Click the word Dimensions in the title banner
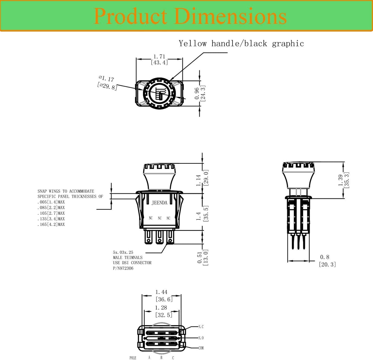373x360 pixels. coord(231,16)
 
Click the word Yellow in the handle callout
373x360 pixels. coord(193,43)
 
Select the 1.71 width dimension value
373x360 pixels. coord(159,57)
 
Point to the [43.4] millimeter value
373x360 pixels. coord(159,62)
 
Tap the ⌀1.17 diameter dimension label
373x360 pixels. coord(107,78)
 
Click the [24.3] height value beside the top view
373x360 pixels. coord(203,93)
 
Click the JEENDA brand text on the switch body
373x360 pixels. coord(159,203)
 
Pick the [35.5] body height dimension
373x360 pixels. coord(206,213)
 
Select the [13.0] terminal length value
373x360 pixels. coord(205,257)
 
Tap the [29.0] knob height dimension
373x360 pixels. coord(206,178)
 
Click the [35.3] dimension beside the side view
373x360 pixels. coord(347,180)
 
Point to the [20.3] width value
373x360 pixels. coord(327,264)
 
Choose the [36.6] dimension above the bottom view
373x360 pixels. coord(164,299)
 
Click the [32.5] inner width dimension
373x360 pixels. coord(164,315)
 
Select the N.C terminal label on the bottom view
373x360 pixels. coord(201,327)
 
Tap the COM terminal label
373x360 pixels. coord(201,348)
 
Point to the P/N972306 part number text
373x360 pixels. coord(123,268)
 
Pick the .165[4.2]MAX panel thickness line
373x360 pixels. coord(51,224)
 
